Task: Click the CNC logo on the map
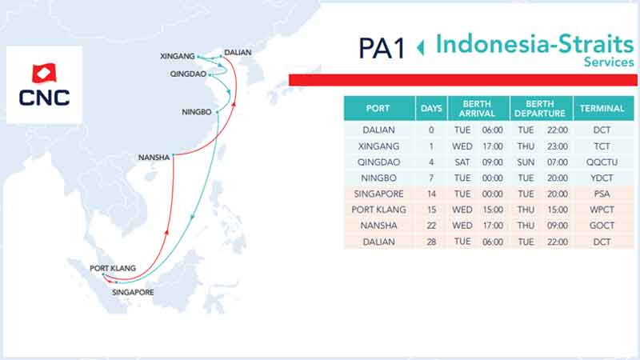point(44,85)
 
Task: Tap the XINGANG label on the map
point(177,56)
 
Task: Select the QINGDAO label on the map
point(188,74)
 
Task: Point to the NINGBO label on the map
point(196,112)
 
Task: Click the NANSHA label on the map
point(154,158)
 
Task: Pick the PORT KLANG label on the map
point(113,268)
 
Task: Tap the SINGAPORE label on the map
point(133,292)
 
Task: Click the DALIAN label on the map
point(238,53)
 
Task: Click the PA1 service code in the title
point(382,49)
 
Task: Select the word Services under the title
point(609,62)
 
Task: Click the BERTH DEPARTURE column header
point(539,109)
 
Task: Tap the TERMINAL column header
point(602,109)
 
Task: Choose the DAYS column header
point(431,109)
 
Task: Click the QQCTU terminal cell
point(602,162)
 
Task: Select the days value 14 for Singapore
point(431,194)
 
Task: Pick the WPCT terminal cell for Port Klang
point(602,210)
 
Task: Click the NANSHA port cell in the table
point(378,226)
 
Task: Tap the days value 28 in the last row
point(431,242)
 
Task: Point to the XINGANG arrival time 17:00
point(493,146)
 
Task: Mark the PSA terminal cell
point(602,194)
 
